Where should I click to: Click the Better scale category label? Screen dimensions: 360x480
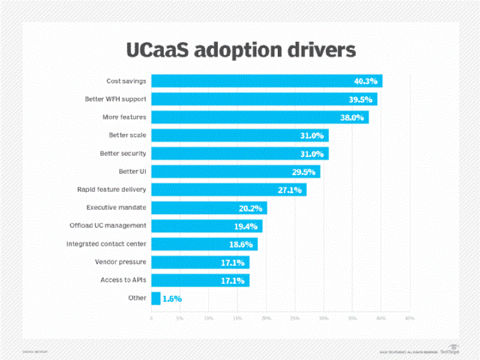[x=123, y=135]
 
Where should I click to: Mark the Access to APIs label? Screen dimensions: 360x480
[x=122, y=280]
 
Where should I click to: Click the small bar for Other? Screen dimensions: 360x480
[x=156, y=298]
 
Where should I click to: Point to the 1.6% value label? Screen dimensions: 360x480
[x=171, y=298]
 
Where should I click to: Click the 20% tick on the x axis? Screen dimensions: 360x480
[x=266, y=318]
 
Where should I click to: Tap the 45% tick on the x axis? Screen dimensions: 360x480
[x=409, y=318]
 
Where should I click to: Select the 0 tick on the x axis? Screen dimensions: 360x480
[x=152, y=318]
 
